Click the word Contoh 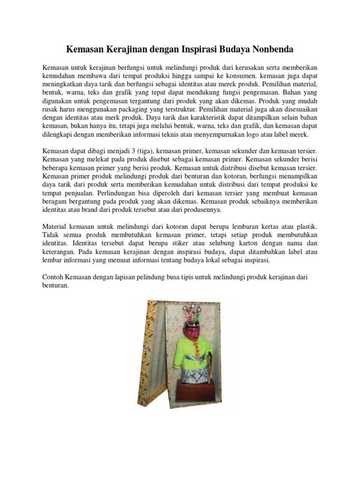click(x=53, y=277)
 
